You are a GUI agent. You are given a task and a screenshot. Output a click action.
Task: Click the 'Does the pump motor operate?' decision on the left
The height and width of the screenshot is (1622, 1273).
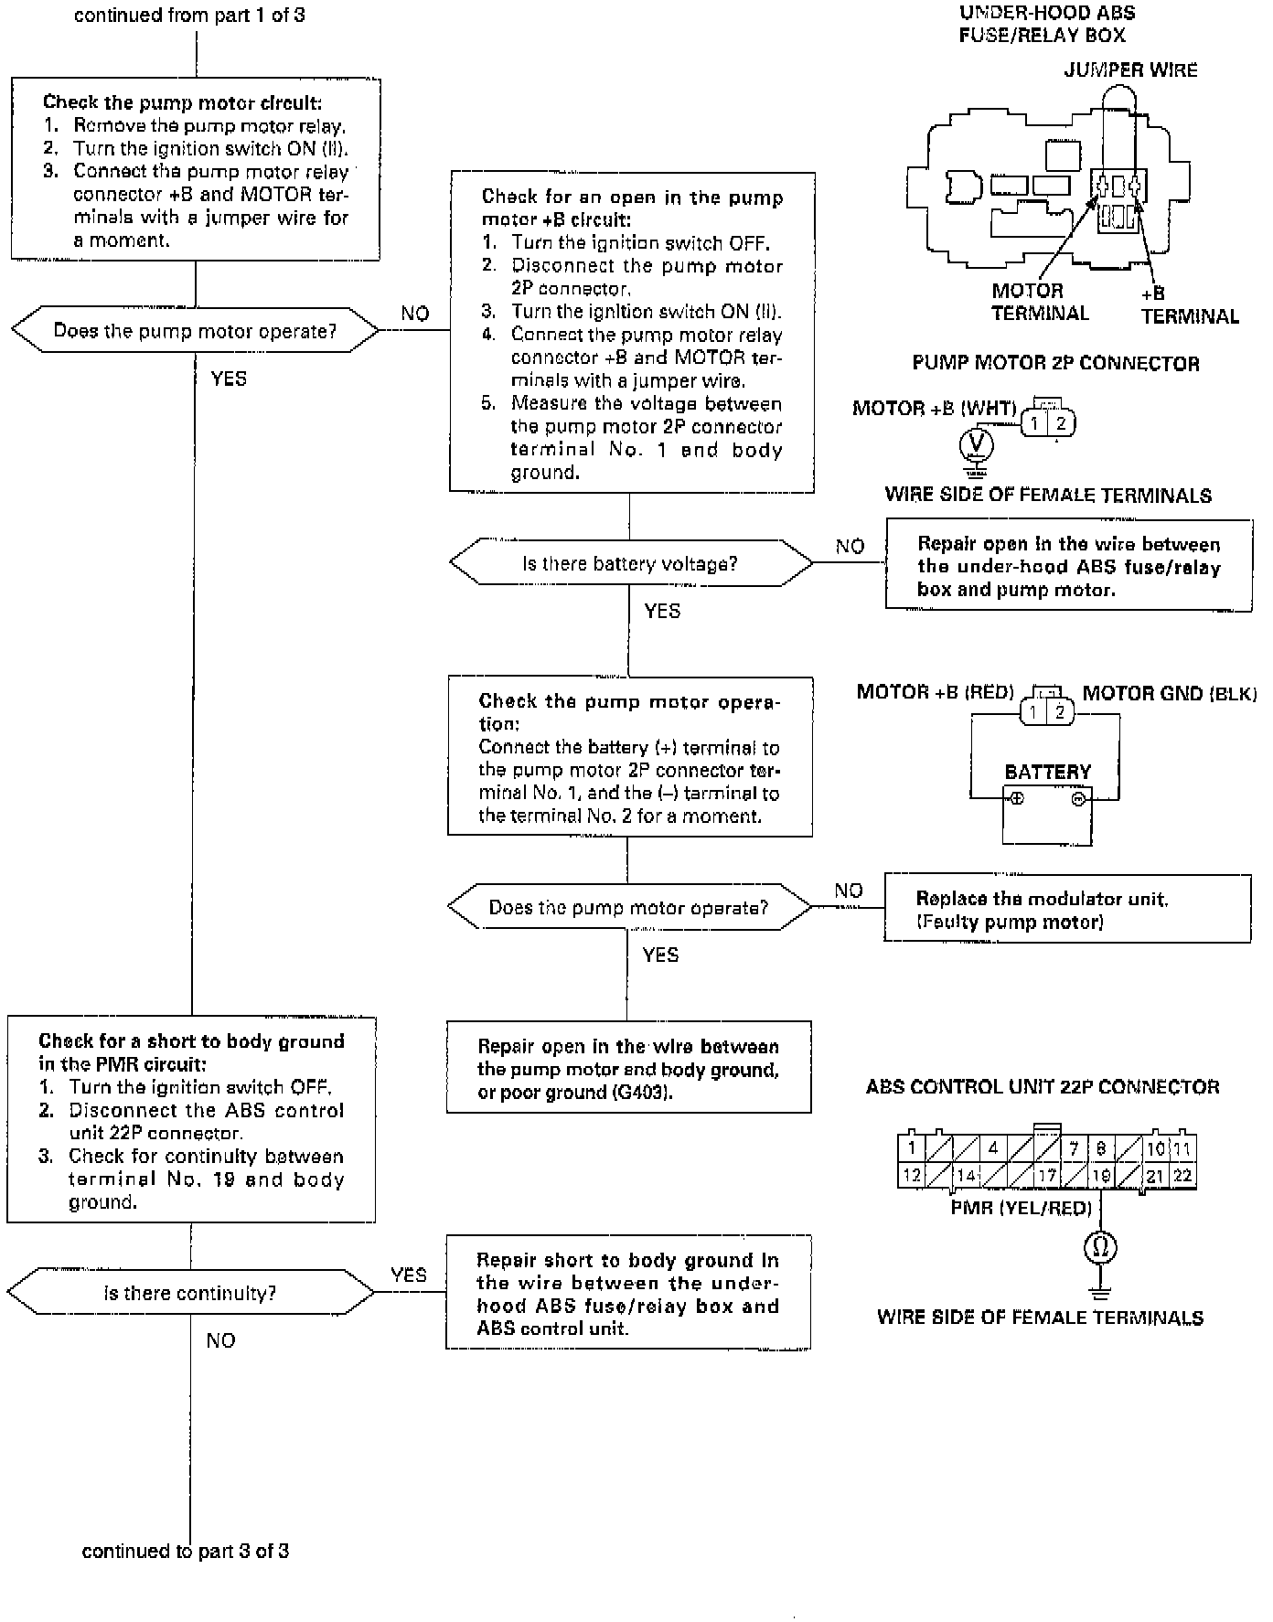click(x=194, y=331)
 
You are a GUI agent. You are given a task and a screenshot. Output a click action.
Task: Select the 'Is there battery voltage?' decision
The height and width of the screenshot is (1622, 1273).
click(x=629, y=563)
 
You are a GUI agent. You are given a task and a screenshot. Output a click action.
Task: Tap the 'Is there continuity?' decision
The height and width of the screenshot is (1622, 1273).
click(x=189, y=1293)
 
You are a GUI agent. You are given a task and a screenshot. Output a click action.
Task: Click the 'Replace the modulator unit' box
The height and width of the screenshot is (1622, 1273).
click(x=1066, y=909)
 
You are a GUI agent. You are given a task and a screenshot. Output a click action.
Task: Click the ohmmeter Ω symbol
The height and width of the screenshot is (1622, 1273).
click(x=1100, y=1247)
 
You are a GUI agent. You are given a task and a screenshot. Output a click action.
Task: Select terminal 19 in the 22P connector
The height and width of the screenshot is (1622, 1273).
click(x=1101, y=1176)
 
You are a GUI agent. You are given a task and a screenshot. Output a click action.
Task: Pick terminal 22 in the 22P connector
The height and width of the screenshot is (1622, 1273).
click(x=1182, y=1176)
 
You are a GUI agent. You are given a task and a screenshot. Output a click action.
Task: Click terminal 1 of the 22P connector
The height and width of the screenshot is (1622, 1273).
click(x=912, y=1148)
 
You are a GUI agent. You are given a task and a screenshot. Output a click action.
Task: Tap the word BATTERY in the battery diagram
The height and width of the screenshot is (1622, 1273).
click(x=1048, y=772)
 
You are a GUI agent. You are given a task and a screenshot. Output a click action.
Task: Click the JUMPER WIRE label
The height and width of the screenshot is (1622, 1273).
click(x=1130, y=70)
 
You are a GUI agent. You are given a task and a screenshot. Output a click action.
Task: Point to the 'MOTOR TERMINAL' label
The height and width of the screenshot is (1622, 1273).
click(x=1040, y=302)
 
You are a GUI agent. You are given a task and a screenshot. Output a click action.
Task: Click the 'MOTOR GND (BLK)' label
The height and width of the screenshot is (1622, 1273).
click(x=1169, y=693)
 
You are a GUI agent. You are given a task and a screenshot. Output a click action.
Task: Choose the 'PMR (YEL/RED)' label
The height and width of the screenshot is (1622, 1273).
click(x=1021, y=1208)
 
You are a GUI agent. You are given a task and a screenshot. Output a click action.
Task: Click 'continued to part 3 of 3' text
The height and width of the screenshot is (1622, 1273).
click(x=186, y=1551)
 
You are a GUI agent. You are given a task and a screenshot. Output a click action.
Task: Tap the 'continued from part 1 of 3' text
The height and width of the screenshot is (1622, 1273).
click(x=189, y=16)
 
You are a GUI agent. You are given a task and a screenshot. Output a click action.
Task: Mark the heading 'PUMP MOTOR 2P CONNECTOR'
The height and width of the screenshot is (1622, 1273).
click(x=1055, y=363)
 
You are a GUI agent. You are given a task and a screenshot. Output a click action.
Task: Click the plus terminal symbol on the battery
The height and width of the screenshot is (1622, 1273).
click(x=1017, y=798)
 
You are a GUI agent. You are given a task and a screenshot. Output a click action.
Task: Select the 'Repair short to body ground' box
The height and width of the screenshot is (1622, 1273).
click(x=628, y=1293)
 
